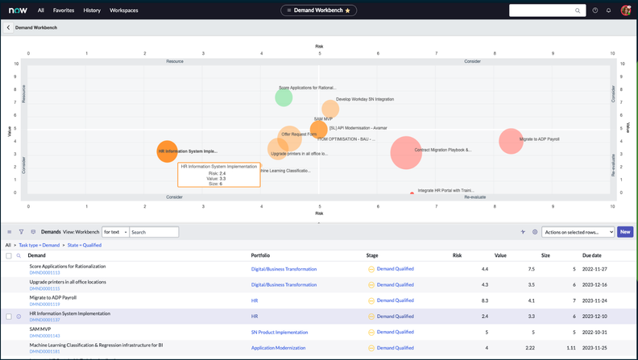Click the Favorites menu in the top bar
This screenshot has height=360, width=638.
coord(64,10)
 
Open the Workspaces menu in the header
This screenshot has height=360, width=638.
coord(124,10)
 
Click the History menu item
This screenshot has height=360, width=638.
coord(92,10)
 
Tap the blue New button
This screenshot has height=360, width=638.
coord(624,232)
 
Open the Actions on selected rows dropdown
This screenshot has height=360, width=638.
coord(578,232)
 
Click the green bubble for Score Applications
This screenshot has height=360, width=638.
coord(284,97)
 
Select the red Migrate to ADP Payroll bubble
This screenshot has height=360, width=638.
coord(511,141)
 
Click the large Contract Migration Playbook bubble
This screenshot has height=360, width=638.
coord(406,152)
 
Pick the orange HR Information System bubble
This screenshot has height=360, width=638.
coord(167,151)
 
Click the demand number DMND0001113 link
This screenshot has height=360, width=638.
coord(45,273)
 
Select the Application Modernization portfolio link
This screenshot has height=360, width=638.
coord(278,348)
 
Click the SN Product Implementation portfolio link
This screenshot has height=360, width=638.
coord(280,332)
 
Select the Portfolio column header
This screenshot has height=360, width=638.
coord(261,255)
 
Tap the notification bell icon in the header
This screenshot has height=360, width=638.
coord(608,10)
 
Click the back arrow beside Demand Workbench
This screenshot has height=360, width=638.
coord(9,27)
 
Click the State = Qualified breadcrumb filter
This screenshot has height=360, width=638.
coord(84,245)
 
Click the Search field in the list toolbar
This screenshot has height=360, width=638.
coord(153,232)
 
